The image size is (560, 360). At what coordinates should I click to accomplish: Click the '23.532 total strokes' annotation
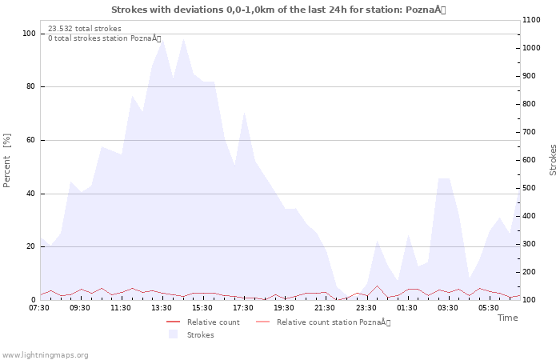[x=85, y=29]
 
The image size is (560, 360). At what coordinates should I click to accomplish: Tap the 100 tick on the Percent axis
[x=29, y=34]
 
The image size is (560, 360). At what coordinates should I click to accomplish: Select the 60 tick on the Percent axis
[x=30, y=140]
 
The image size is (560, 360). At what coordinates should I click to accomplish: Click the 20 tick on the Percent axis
[x=30, y=246]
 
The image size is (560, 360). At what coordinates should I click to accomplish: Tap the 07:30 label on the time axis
[x=39, y=308]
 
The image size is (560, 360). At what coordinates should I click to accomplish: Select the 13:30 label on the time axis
[x=162, y=308]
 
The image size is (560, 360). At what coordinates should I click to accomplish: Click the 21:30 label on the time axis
[x=325, y=308]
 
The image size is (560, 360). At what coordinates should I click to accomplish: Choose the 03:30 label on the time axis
[x=447, y=308]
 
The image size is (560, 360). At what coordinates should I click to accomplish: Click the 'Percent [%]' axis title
[x=7, y=161]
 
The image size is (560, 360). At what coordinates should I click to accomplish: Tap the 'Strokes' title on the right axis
[x=553, y=160]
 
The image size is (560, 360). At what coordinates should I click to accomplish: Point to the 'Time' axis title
[x=507, y=318]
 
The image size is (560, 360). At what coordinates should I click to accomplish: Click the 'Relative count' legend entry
[x=213, y=322]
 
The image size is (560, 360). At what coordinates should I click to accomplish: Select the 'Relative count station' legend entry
[x=333, y=322]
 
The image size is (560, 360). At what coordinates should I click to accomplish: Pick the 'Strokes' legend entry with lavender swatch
[x=200, y=335]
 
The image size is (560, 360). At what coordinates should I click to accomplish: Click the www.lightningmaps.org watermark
[x=45, y=354]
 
